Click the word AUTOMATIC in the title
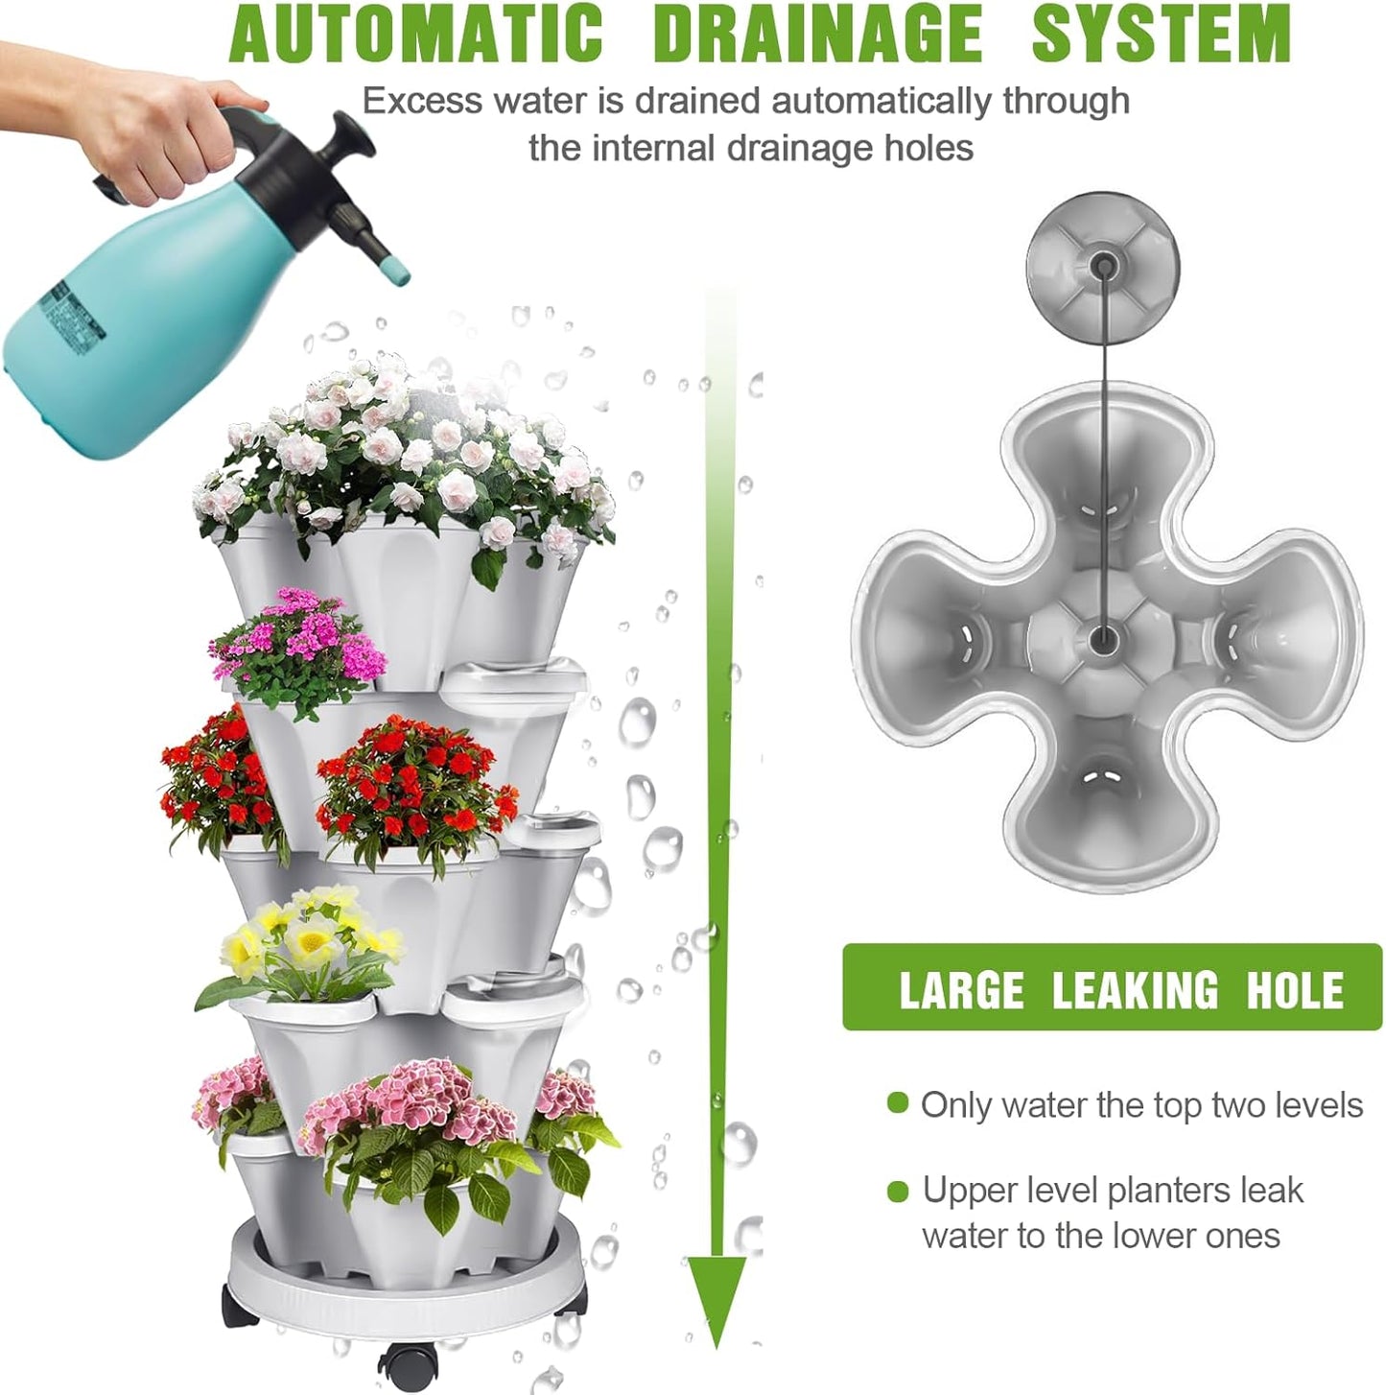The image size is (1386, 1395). (416, 35)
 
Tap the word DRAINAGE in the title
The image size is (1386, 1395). (817, 35)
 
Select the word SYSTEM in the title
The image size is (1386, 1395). (1161, 35)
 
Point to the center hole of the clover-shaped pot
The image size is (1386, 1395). (1103, 636)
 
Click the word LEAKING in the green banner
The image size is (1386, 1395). (1135, 990)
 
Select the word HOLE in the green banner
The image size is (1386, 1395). (1294, 990)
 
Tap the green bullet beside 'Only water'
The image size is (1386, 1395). (898, 1103)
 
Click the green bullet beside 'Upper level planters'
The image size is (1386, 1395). (898, 1192)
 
